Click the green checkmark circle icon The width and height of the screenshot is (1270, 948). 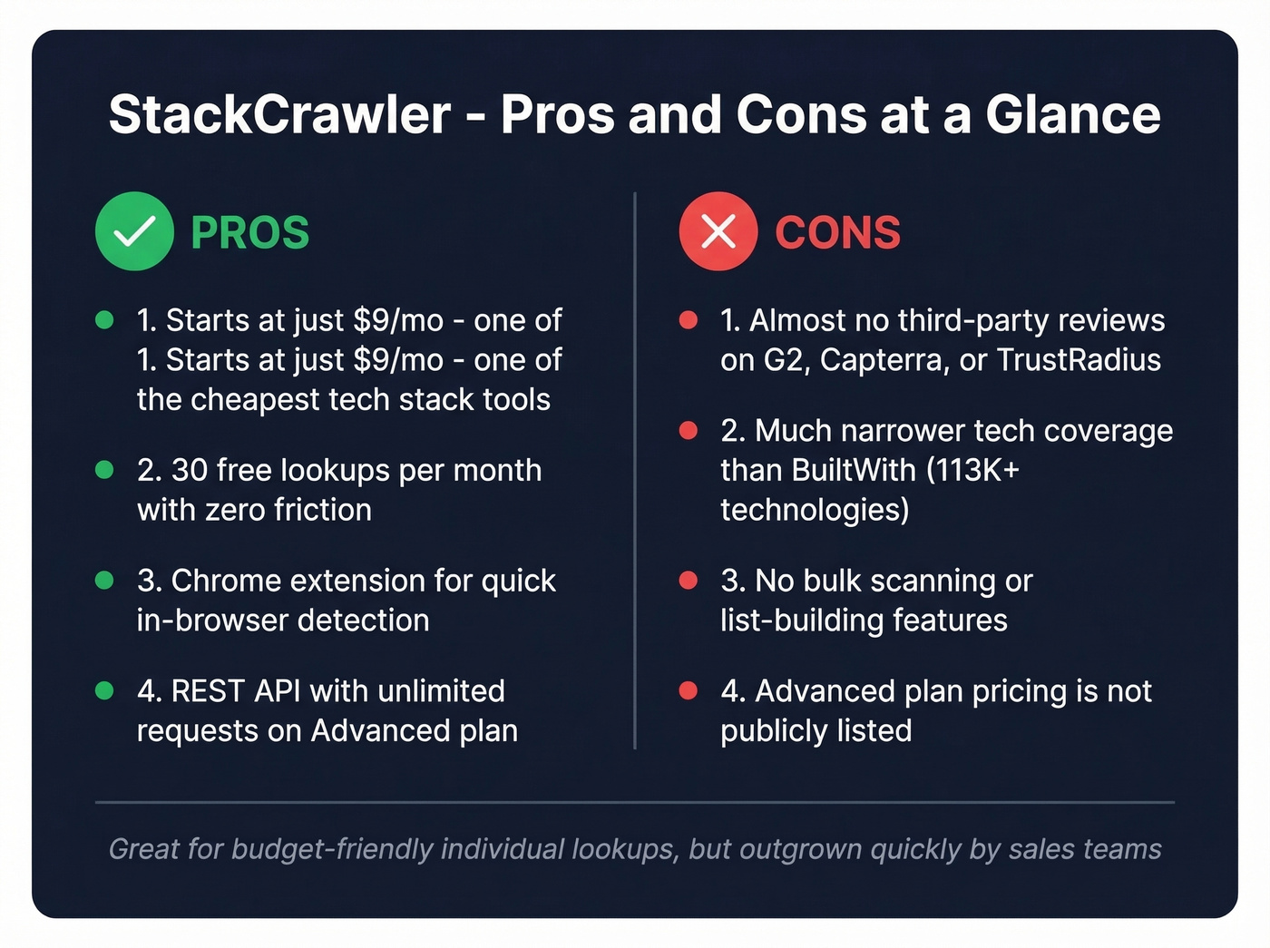tap(134, 231)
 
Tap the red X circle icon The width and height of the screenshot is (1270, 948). tap(718, 231)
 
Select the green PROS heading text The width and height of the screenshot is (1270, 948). tap(249, 233)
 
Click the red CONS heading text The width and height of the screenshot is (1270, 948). tap(837, 233)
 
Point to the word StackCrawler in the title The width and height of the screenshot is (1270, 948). tap(279, 115)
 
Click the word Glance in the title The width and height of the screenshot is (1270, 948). tap(1072, 115)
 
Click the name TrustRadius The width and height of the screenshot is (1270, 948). tap(1079, 360)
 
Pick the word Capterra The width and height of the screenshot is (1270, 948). tap(884, 360)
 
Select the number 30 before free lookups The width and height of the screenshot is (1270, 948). tap(190, 470)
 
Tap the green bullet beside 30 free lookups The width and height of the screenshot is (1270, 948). tap(104, 470)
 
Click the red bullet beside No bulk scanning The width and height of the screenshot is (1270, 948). tap(689, 581)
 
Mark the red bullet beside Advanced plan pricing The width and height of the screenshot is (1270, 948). tap(689, 691)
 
